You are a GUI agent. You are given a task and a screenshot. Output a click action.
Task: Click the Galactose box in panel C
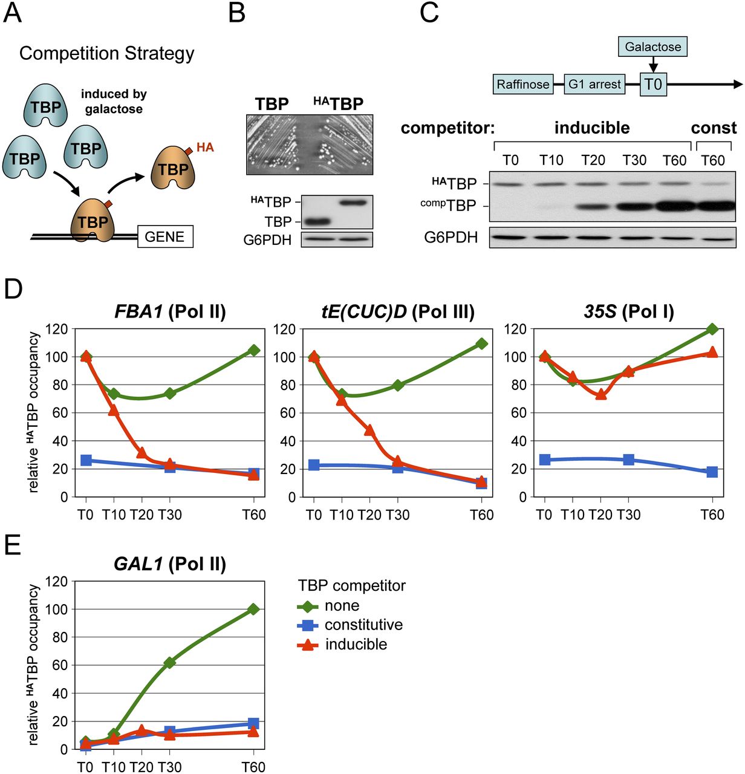(x=652, y=47)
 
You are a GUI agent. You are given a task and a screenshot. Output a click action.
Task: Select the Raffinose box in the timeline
(x=523, y=85)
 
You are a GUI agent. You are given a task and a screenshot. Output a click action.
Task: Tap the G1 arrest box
(x=594, y=85)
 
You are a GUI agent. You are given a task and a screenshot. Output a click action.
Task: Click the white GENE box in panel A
(x=164, y=236)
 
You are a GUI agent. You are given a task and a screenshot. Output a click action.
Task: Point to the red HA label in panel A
(x=205, y=148)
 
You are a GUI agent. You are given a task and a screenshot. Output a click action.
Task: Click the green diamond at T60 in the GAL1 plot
(x=253, y=609)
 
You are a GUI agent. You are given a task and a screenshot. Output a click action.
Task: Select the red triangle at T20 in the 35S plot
(x=600, y=394)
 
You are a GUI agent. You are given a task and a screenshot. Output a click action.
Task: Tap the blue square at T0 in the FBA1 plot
(x=86, y=460)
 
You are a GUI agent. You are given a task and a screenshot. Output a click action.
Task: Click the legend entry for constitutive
(x=363, y=625)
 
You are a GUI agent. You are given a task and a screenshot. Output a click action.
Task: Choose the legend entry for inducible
(x=356, y=645)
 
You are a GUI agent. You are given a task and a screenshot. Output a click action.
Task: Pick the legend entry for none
(x=342, y=605)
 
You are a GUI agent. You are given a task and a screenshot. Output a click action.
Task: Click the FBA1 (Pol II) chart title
(x=170, y=311)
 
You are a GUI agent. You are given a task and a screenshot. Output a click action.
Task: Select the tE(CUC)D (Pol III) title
(x=397, y=311)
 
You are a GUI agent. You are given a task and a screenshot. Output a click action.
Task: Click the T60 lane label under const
(x=713, y=160)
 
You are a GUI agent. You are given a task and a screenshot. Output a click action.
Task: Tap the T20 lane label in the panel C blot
(x=593, y=160)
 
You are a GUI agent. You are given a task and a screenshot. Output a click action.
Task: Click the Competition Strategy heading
(x=107, y=53)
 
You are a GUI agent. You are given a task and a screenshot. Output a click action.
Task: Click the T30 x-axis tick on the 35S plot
(x=628, y=515)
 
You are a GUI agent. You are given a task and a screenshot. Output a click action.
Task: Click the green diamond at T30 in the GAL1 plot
(x=170, y=663)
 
